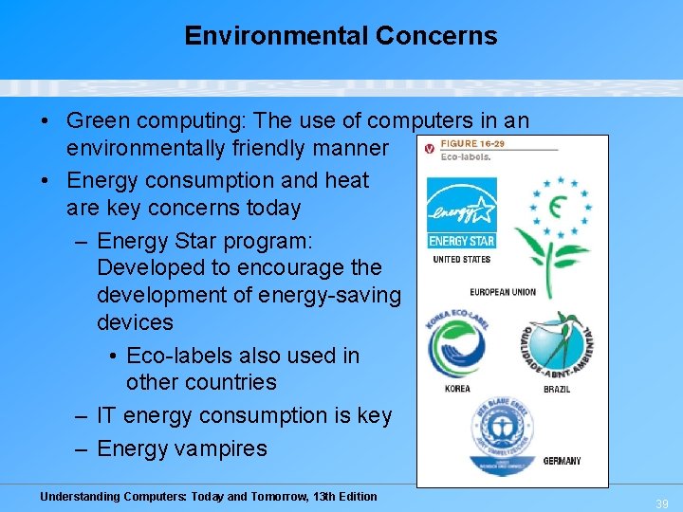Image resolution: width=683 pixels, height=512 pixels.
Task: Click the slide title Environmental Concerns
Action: point(341,36)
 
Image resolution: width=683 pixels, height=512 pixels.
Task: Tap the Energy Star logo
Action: point(461,212)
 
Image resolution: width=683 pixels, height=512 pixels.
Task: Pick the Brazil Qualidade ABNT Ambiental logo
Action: point(557,346)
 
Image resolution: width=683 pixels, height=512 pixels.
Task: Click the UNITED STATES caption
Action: point(461,259)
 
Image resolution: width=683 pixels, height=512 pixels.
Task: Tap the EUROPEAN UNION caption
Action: point(502,292)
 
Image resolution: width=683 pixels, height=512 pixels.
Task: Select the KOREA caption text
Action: point(457,389)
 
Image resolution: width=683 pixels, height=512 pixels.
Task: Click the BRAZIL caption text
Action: point(557,389)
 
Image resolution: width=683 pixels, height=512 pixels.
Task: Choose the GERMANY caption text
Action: point(562,462)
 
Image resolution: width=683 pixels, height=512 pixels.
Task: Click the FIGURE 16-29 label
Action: point(472,144)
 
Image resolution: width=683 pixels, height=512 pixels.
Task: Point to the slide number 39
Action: point(662,504)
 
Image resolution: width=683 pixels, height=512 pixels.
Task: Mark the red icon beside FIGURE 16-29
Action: point(429,148)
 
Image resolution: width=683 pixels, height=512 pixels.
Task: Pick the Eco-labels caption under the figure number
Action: point(466,157)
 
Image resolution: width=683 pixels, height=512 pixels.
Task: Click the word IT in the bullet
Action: point(107,415)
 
